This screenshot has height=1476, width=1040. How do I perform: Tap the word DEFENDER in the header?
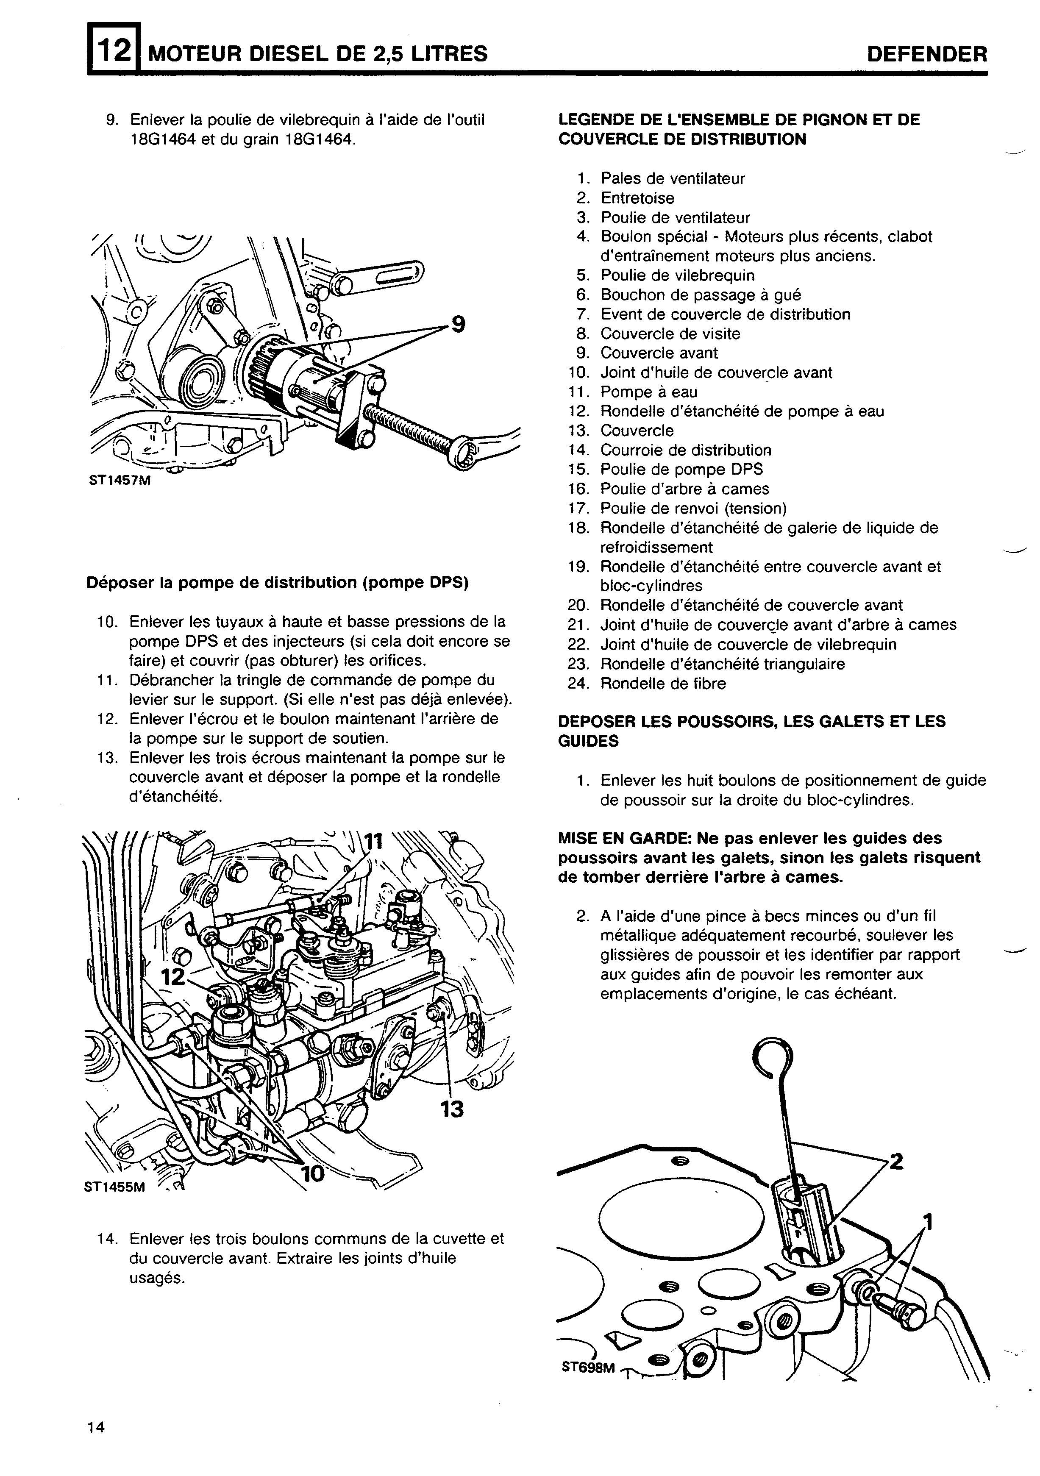[x=926, y=54]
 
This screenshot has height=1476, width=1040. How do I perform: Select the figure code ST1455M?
[x=115, y=1187]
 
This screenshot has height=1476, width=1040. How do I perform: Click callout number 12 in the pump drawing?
[x=172, y=977]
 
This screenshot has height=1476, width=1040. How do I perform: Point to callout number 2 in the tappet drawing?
[x=895, y=1162]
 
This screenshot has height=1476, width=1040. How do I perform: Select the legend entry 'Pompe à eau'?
[x=648, y=392]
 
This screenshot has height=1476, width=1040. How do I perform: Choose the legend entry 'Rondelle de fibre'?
[x=663, y=684]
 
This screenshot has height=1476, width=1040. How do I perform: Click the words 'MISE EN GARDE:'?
[x=617, y=838]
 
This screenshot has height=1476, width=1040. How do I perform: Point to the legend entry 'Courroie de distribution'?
[x=686, y=450]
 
